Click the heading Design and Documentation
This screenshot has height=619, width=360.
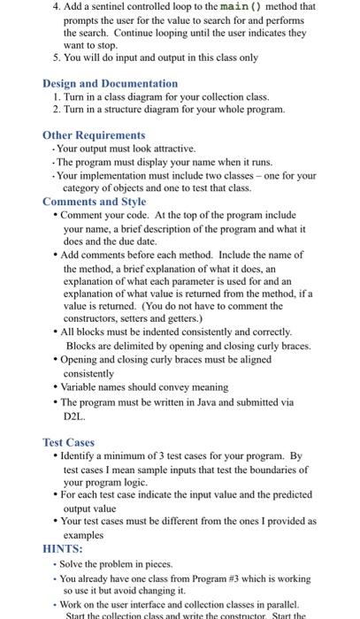tap(110, 83)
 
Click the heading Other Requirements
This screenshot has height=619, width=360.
tap(94, 135)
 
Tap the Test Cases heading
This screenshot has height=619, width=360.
tap(68, 442)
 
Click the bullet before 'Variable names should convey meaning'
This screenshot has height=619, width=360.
tap(56, 387)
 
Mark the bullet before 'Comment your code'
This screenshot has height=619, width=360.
tap(56, 215)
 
